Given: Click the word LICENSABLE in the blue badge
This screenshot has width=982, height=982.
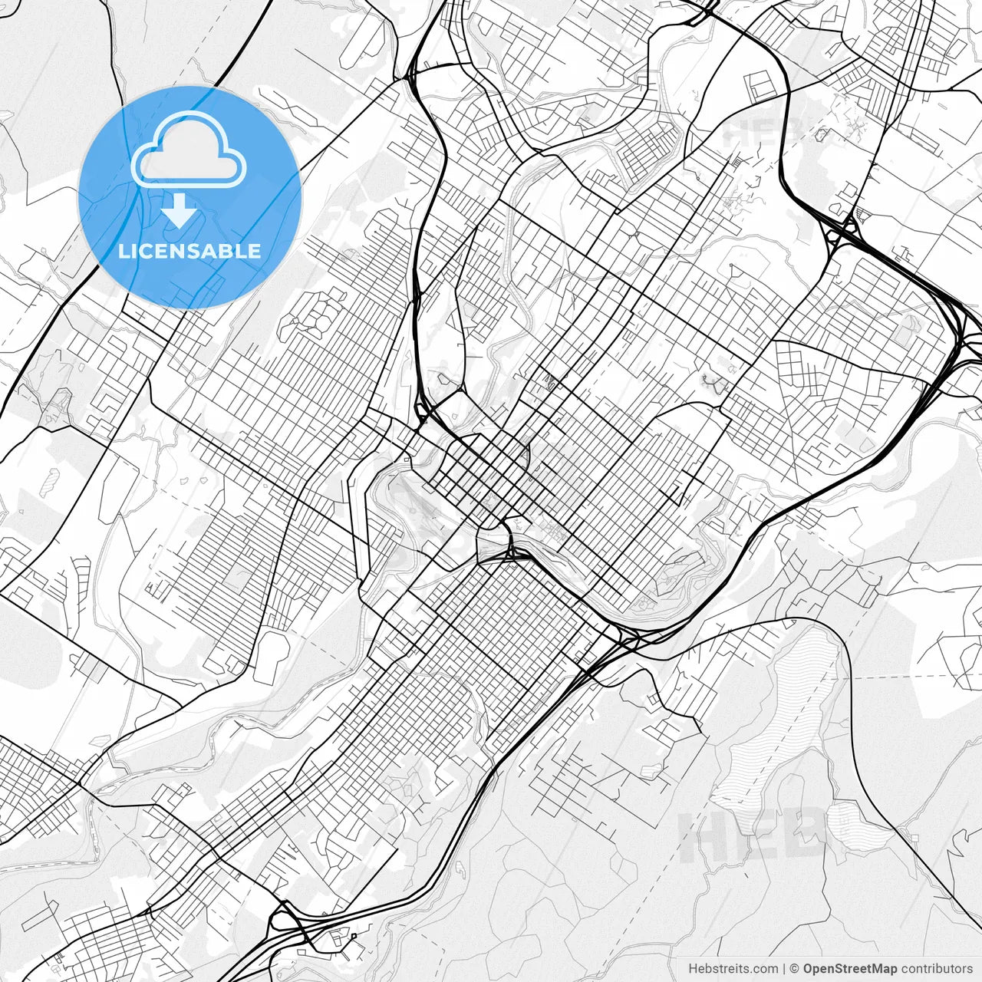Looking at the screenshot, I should (x=189, y=251).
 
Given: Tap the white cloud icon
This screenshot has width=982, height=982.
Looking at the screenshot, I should (x=189, y=151).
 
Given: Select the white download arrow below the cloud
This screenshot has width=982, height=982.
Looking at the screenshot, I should (x=180, y=210).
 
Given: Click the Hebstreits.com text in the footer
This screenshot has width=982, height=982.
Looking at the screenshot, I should (x=733, y=969).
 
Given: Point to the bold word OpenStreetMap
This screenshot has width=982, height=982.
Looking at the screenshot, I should (x=849, y=969).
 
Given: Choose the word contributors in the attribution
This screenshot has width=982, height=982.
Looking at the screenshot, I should (x=936, y=969).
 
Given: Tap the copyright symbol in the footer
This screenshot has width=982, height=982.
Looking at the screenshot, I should (x=795, y=969).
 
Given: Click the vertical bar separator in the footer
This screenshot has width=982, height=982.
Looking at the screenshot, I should (x=784, y=969).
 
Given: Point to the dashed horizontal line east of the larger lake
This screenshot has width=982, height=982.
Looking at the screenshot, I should (x=913, y=677).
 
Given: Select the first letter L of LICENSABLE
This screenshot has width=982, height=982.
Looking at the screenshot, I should (x=124, y=251).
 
